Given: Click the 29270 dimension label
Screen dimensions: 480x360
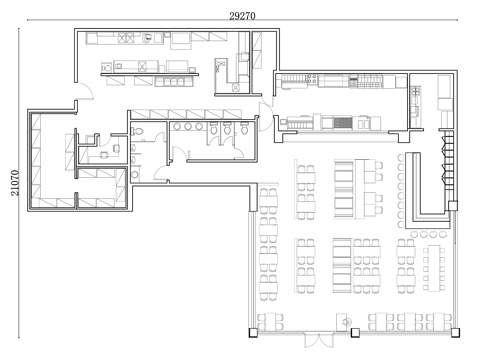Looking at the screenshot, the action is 242,16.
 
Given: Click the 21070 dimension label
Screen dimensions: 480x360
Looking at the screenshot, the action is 15,183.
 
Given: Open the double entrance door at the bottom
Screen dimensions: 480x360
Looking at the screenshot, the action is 319,340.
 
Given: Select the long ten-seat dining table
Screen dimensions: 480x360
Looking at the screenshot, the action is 434,268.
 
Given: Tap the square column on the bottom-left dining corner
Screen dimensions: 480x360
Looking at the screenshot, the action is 253,332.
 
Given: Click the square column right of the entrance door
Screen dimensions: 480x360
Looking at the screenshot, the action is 355,332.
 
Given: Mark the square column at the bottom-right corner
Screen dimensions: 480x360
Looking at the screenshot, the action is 455,332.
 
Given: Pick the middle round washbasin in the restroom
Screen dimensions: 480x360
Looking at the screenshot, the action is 188,126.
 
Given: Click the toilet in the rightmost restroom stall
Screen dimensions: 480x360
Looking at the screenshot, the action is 244,128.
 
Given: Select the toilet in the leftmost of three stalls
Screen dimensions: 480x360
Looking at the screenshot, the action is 214,128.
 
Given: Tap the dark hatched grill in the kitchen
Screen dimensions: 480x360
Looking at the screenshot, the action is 343,123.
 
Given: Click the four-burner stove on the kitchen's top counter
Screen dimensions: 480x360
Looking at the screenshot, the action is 312,79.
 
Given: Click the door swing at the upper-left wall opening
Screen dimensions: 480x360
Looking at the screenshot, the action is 85,91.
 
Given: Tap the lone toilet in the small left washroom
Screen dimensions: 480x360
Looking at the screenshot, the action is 137,131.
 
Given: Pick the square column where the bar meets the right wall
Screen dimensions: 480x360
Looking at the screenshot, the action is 453,206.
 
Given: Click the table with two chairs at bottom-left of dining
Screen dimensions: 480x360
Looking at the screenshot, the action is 271,321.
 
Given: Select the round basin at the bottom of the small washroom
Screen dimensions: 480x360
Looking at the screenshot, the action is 135,174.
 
